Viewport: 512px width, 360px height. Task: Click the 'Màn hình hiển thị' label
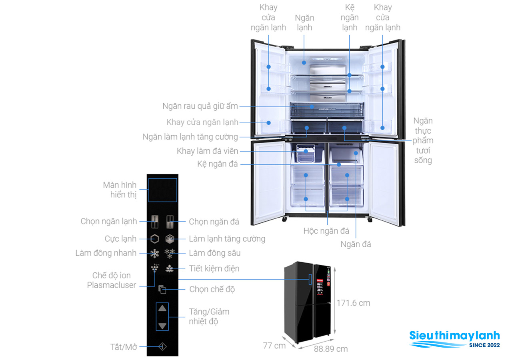(x=120, y=190)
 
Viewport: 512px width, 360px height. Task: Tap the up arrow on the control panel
(x=162, y=308)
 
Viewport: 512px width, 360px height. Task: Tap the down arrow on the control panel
(x=162, y=326)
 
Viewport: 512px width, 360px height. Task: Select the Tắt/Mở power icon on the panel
(x=162, y=347)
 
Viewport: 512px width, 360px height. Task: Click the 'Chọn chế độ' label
(x=212, y=289)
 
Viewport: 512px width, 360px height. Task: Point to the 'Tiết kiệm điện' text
(x=214, y=268)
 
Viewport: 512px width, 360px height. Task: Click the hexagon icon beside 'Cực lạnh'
(x=154, y=239)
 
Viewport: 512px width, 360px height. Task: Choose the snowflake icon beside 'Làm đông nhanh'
(x=154, y=253)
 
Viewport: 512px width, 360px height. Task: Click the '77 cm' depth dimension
(x=274, y=345)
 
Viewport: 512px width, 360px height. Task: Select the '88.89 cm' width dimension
(x=331, y=349)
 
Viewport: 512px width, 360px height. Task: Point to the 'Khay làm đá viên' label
(x=207, y=151)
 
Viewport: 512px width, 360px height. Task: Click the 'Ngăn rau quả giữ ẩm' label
(x=200, y=106)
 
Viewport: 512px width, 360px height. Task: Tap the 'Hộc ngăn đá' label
(x=326, y=231)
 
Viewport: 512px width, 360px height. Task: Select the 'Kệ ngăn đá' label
(x=217, y=164)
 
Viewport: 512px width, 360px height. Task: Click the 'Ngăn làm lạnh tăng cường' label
(x=190, y=137)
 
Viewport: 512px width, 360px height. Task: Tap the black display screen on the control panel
(x=162, y=190)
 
